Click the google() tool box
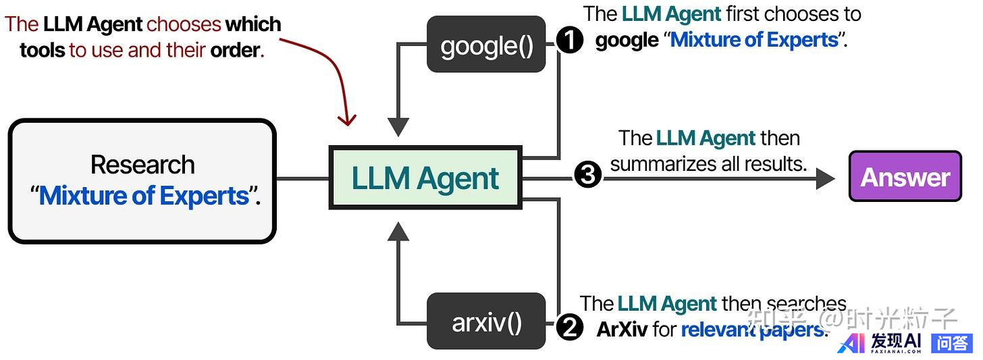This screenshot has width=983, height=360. (486, 45)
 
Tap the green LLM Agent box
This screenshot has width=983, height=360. (425, 177)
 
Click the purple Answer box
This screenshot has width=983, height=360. (905, 176)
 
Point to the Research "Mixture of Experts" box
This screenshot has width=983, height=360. (142, 180)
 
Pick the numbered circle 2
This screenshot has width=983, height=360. (569, 329)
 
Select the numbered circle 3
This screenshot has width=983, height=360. (587, 176)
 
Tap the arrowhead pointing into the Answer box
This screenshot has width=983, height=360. (825, 178)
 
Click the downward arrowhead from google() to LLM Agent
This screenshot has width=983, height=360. (398, 126)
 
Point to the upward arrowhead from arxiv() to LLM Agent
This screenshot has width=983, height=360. (398, 232)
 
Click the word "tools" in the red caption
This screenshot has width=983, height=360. (43, 50)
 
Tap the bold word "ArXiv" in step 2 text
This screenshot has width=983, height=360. (622, 330)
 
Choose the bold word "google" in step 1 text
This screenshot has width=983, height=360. (627, 40)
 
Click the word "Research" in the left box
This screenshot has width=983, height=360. (142, 165)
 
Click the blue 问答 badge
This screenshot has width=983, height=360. (952, 343)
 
